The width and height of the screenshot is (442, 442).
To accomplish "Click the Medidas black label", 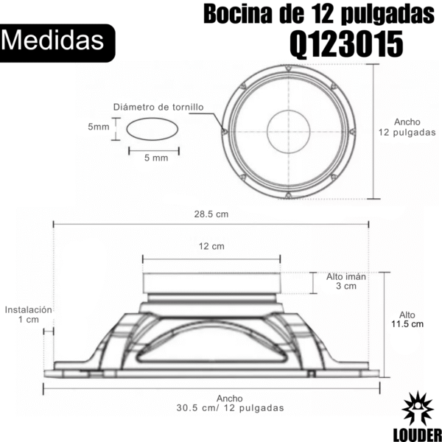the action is [x=57, y=43].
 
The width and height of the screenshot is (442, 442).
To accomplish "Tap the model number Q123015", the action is [x=346, y=44].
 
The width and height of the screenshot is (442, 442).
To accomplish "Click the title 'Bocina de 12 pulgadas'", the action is [x=319, y=14].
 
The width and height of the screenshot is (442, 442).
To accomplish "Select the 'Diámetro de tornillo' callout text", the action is [x=158, y=107].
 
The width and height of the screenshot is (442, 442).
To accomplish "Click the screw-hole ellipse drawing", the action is [x=152, y=129].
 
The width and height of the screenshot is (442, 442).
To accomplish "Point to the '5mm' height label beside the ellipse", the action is [x=99, y=127].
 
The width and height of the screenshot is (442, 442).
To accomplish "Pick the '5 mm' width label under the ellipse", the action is [x=156, y=158].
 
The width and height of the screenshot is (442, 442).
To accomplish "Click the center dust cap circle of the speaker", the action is [x=288, y=132].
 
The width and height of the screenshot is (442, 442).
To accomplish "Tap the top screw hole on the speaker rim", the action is [x=288, y=68].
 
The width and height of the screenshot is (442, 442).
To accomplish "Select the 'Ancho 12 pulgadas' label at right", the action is [x=407, y=127].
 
